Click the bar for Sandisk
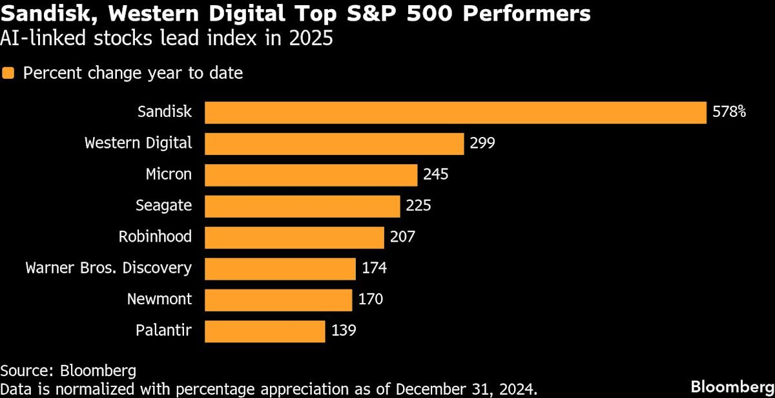pyautogui.click(x=455, y=112)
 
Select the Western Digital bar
pyautogui.click(x=335, y=143)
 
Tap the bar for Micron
pyautogui.click(x=311, y=174)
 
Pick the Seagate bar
pyautogui.click(x=302, y=205)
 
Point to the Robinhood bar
pyautogui.click(x=294, y=237)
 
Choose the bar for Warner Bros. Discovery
pyautogui.click(x=280, y=268)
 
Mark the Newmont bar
pyautogui.click(x=278, y=299)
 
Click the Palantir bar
pyautogui.click(x=265, y=331)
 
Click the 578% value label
pyautogui.click(x=729, y=112)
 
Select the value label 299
pyautogui.click(x=482, y=143)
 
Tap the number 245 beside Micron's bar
pyautogui.click(x=435, y=174)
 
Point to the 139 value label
pyautogui.click(x=343, y=331)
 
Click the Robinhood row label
pyautogui.click(x=155, y=237)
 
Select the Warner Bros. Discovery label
pyautogui.click(x=108, y=268)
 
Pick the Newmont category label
pyautogui.click(x=159, y=299)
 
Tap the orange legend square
pyautogui.click(x=8, y=73)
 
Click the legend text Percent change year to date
pyautogui.click(x=133, y=73)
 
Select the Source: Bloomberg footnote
pyautogui.click(x=68, y=371)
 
